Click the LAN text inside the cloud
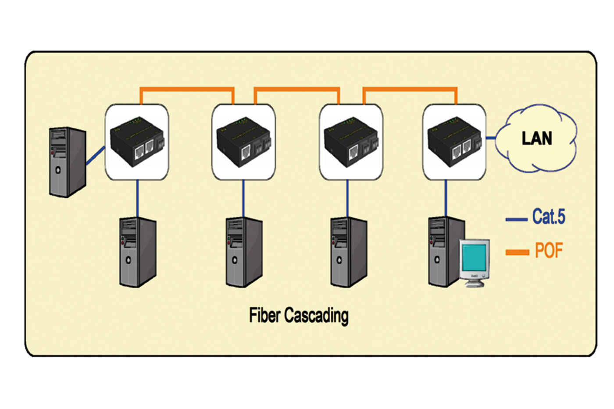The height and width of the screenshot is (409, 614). (x=537, y=139)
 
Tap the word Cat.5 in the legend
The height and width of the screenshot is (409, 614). (x=549, y=217)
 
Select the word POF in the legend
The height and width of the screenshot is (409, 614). (x=549, y=251)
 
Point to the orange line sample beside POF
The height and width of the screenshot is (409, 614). (x=517, y=252)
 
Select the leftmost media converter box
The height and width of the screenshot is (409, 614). (x=136, y=142)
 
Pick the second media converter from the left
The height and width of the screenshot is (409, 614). (x=243, y=142)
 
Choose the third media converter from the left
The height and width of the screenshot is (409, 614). (x=351, y=142)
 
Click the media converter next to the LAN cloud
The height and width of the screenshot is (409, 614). (x=454, y=142)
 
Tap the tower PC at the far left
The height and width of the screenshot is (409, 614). (x=67, y=162)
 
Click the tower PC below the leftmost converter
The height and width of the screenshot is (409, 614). (x=138, y=252)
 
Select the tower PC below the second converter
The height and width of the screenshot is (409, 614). (x=244, y=252)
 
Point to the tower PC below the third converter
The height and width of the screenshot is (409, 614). (x=349, y=252)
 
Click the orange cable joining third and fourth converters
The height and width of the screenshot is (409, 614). (x=410, y=89)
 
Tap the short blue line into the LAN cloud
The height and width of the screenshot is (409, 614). (x=491, y=138)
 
